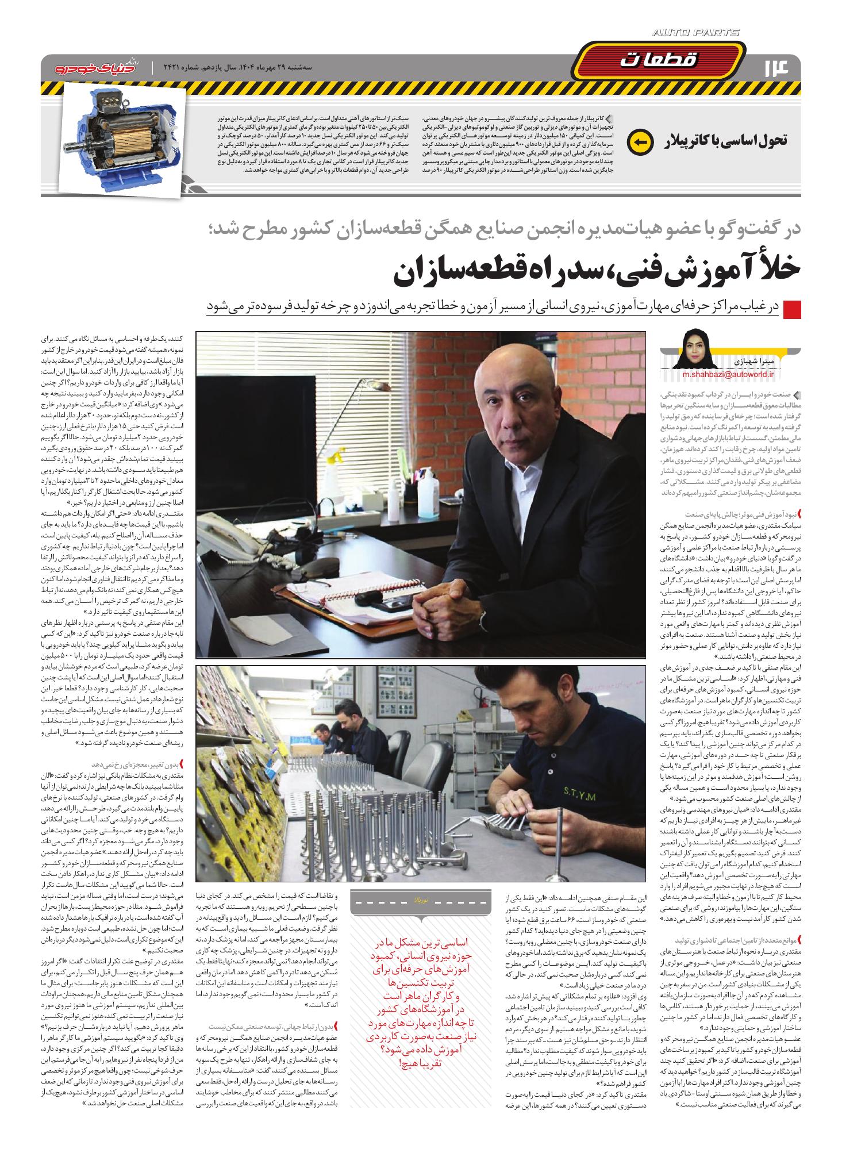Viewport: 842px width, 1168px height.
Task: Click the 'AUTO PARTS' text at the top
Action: point(696,33)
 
